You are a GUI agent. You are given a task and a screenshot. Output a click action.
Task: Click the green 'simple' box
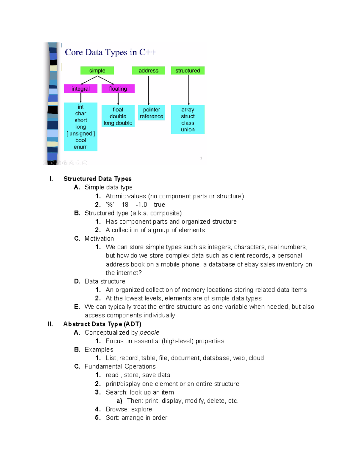[97, 71]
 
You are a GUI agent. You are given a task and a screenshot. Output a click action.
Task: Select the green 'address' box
[148, 71]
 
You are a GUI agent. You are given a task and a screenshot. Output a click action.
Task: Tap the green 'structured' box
[187, 71]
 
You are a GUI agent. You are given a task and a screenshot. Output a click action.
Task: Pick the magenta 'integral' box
[80, 89]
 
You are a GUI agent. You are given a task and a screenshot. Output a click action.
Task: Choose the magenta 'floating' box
[118, 89]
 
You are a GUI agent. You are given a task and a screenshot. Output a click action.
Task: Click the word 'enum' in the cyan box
[80, 147]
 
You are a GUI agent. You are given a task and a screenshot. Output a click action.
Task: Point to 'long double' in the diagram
[118, 123]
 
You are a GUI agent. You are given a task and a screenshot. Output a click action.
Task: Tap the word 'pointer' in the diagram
[151, 110]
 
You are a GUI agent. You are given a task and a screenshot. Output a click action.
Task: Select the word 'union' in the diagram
[187, 130]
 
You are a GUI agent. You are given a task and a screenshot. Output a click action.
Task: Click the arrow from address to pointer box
[148, 90]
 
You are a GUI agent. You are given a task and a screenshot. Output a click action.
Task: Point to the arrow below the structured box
[189, 90]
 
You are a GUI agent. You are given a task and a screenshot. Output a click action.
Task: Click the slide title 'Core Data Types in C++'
[110, 52]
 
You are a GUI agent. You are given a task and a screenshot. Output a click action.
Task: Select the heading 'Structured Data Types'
[97, 179]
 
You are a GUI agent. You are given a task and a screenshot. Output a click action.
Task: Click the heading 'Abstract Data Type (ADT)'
[102, 324]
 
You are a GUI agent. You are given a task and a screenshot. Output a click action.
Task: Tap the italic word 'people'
[149, 332]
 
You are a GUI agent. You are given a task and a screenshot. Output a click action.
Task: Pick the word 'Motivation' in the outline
[99, 239]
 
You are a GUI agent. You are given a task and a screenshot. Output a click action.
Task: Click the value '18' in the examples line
[125, 205]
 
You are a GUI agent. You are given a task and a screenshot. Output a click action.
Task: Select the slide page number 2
[201, 158]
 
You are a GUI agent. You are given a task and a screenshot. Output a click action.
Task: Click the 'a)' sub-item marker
[119, 401]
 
